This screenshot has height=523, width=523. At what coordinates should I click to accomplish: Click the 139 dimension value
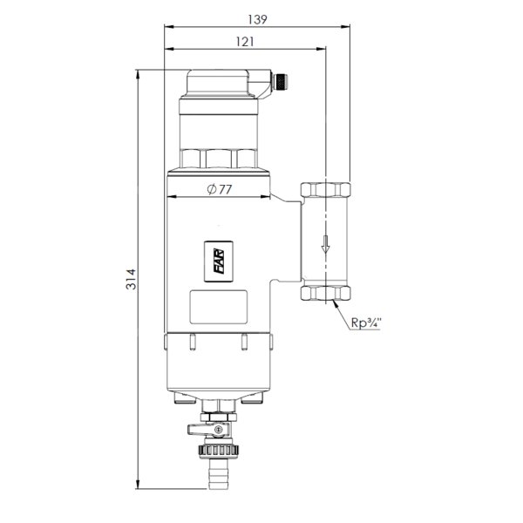click(257, 19)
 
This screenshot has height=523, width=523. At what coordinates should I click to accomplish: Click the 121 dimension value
click(245, 42)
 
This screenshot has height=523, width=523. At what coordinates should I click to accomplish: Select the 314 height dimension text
click(131, 279)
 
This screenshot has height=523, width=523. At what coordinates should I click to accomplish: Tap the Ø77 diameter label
click(219, 189)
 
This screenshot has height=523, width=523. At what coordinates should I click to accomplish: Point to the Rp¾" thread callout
click(366, 323)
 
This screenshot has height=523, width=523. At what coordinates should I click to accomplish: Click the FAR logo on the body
click(219, 261)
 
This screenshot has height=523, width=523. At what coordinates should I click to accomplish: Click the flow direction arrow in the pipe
click(325, 244)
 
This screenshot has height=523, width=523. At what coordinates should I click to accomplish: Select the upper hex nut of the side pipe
click(325, 190)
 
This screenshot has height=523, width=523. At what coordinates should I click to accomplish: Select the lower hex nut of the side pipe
click(325, 293)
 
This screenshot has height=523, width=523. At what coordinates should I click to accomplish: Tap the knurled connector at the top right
click(280, 82)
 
